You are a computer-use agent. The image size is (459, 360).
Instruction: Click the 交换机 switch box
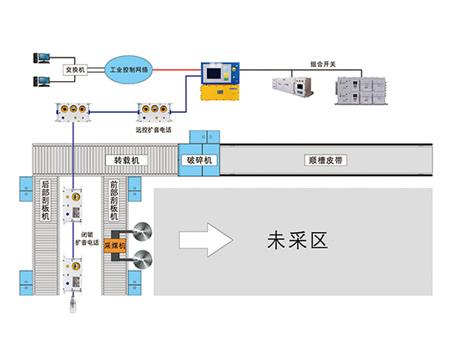pyautogui.click(x=75, y=69)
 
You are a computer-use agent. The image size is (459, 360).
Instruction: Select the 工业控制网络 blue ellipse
pyautogui.click(x=129, y=69)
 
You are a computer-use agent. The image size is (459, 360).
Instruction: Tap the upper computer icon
pyautogui.click(x=42, y=58)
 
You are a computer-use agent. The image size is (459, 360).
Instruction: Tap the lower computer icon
pyautogui.click(x=42, y=81)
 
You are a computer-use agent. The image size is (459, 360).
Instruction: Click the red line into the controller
pyautogui.click(x=177, y=70)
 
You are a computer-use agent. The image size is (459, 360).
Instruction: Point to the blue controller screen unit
pyautogui.click(x=220, y=74)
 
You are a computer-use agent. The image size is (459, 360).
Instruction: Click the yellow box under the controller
pyautogui.click(x=219, y=93)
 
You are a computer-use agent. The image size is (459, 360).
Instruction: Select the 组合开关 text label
pyautogui.click(x=323, y=63)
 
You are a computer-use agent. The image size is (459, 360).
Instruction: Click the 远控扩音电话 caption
pyautogui.click(x=154, y=129)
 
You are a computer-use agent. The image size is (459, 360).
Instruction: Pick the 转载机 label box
pyautogui.click(x=127, y=160)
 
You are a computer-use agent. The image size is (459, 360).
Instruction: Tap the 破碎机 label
pyautogui.click(x=199, y=160)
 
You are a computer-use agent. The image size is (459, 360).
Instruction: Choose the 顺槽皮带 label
pyautogui.click(x=325, y=160)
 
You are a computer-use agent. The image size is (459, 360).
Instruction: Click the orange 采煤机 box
pyautogui.click(x=115, y=246)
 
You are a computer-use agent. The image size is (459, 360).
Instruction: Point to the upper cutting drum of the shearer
pyautogui.click(x=143, y=231)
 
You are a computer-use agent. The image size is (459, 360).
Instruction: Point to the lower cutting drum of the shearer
pyautogui.click(x=143, y=260)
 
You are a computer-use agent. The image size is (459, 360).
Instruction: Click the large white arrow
pyautogui.click(x=206, y=240)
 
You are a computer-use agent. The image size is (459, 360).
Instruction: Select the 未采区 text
pyautogui.click(x=297, y=241)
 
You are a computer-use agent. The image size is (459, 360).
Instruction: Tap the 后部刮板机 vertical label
pyautogui.click(x=45, y=200)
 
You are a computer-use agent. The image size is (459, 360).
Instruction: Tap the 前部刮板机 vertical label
pyautogui.click(x=113, y=200)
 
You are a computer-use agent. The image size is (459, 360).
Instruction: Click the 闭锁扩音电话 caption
pyautogui.click(x=87, y=238)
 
